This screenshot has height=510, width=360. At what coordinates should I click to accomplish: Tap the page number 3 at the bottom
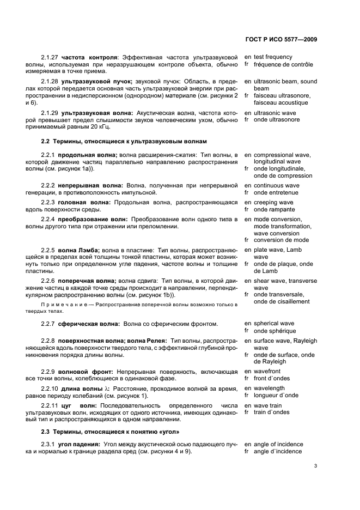pyautogui.click(x=316, y=466)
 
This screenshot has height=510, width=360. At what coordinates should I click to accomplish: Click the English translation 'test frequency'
pyautogui.click(x=273, y=57)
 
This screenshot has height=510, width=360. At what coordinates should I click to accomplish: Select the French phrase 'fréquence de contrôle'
pyautogui.click(x=283, y=64)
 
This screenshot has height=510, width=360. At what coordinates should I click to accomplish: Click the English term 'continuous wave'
pyautogui.click(x=276, y=185)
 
